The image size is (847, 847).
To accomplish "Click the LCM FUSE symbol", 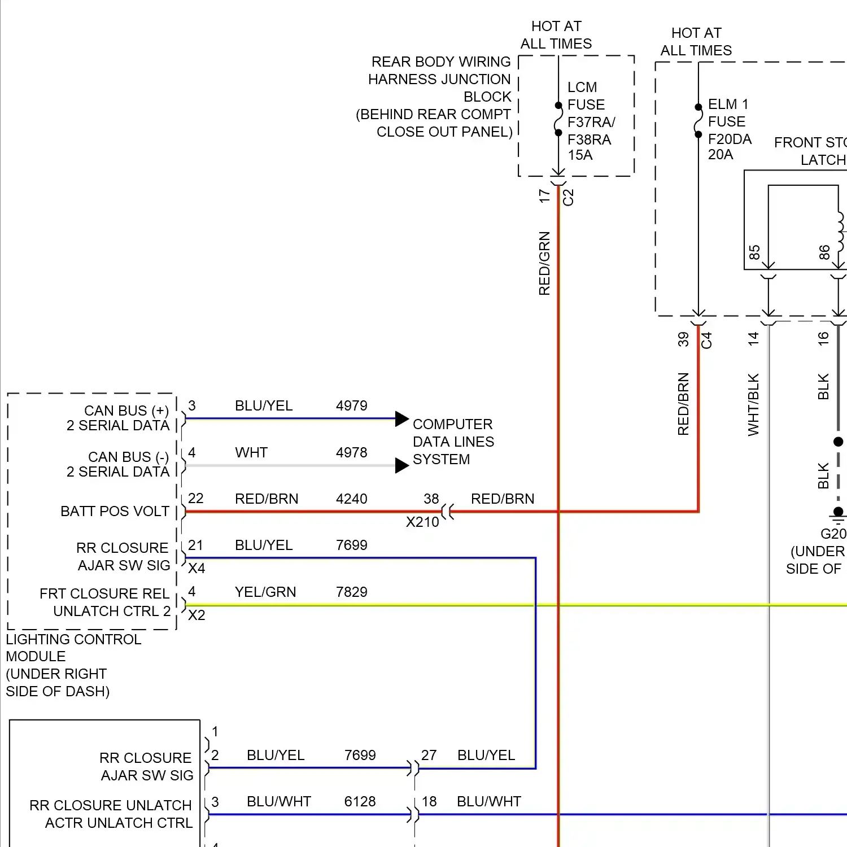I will pyautogui.click(x=558, y=119).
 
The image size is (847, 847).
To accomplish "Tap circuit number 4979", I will pyautogui.click(x=351, y=406).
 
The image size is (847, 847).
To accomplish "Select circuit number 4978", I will pyautogui.click(x=351, y=453).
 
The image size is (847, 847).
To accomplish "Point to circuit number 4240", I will pyautogui.click(x=351, y=499).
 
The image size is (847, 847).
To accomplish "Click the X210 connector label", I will pyautogui.click(x=422, y=522).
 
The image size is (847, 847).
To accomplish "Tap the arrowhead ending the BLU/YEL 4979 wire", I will pyautogui.click(x=401, y=419).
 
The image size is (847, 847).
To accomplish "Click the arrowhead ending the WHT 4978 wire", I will pyautogui.click(x=401, y=465).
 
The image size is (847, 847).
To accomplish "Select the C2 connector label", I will pyautogui.click(x=568, y=198).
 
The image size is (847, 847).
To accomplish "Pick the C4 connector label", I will pyautogui.click(x=706, y=340).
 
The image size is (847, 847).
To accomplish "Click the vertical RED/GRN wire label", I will pyautogui.click(x=544, y=263).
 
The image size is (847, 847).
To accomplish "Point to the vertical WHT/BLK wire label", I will pyautogui.click(x=753, y=405).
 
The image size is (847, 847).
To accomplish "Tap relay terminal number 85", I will pyautogui.click(x=754, y=252).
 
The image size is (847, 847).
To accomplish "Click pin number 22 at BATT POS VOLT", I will pyautogui.click(x=195, y=499).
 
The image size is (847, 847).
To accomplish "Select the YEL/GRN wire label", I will pyautogui.click(x=265, y=592).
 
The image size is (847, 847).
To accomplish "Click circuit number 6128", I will pyautogui.click(x=360, y=802).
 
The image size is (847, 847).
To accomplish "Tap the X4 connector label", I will pyautogui.click(x=197, y=569).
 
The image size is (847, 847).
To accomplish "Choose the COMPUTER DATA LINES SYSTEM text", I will pyautogui.click(x=453, y=442).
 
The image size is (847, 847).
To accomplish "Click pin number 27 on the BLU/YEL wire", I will pyautogui.click(x=429, y=756).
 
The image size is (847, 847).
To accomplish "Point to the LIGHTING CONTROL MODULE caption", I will pyautogui.click(x=73, y=665).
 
